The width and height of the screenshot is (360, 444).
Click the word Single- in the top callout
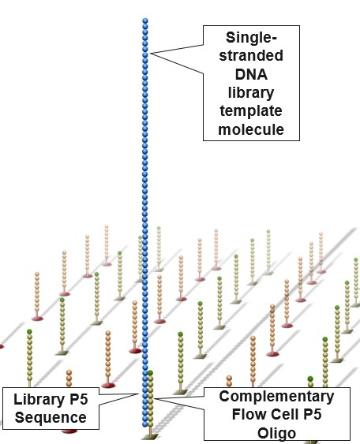click(251, 38)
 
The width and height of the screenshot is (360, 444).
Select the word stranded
click(251, 55)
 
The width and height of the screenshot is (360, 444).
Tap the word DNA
click(251, 74)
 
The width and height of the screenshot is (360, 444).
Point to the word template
click(251, 110)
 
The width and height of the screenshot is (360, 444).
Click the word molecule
click(251, 129)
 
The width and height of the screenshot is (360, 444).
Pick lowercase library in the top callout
click(251, 92)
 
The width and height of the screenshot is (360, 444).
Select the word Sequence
click(51, 417)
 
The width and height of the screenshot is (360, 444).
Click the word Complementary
click(276, 397)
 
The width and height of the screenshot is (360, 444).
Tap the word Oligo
click(276, 433)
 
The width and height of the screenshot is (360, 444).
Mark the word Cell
click(285, 414)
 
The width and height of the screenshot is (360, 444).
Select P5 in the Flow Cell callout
click(313, 414)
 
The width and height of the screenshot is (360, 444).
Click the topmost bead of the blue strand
click(145, 21)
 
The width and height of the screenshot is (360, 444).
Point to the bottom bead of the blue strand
click(145, 424)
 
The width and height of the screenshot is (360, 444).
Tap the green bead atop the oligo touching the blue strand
click(151, 373)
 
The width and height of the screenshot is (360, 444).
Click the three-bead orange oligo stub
click(69, 378)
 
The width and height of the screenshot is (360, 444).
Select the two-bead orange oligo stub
click(229, 381)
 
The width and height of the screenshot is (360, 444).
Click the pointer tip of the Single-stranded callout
click(150, 54)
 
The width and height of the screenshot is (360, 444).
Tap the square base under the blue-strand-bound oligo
click(150, 437)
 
